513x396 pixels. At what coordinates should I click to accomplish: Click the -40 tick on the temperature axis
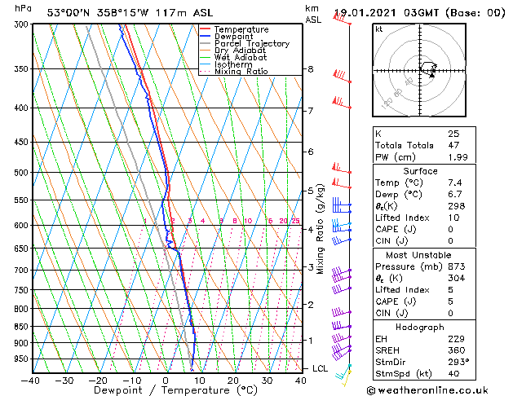(x=31, y=380)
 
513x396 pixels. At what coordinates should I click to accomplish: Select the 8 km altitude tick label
(x=310, y=69)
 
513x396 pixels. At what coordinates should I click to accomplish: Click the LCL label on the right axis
(x=321, y=368)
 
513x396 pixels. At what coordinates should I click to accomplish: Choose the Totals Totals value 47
(x=453, y=145)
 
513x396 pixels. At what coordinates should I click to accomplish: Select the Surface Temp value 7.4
(x=454, y=183)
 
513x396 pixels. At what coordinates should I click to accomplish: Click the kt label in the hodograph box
(x=379, y=29)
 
